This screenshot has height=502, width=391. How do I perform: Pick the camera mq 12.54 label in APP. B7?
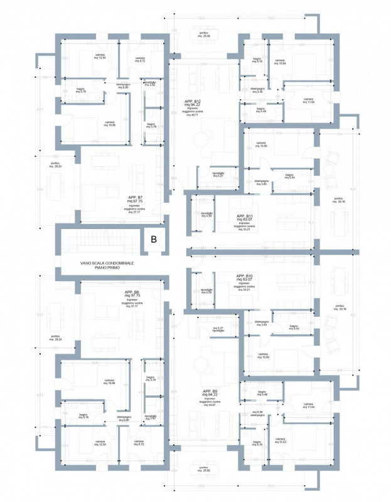pos(100,57)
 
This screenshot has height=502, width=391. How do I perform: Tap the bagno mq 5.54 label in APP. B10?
pos(293,328)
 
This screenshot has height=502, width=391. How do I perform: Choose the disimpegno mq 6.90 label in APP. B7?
pos(123,85)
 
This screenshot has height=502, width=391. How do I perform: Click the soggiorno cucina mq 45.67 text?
pos(210,404)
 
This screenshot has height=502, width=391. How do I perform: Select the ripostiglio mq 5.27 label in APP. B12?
pos(218,174)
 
